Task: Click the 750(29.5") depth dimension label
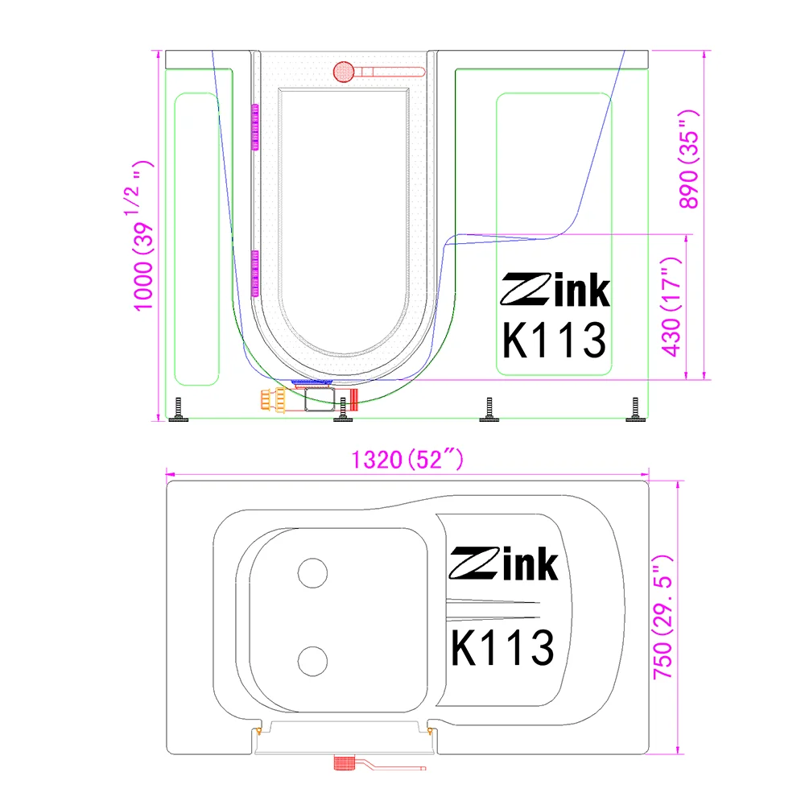pyautogui.click(x=663, y=616)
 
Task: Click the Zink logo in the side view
pyautogui.click(x=555, y=291)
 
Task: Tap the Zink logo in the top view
pyautogui.click(x=503, y=564)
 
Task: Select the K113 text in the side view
pyautogui.click(x=554, y=339)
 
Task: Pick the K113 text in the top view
pyautogui.click(x=502, y=646)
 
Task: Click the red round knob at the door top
pyautogui.click(x=343, y=72)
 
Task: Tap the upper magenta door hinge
pyautogui.click(x=256, y=126)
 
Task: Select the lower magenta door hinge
pyautogui.click(x=256, y=271)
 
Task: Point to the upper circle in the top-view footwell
pyautogui.click(x=312, y=573)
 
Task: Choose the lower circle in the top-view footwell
pyautogui.click(x=312, y=660)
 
